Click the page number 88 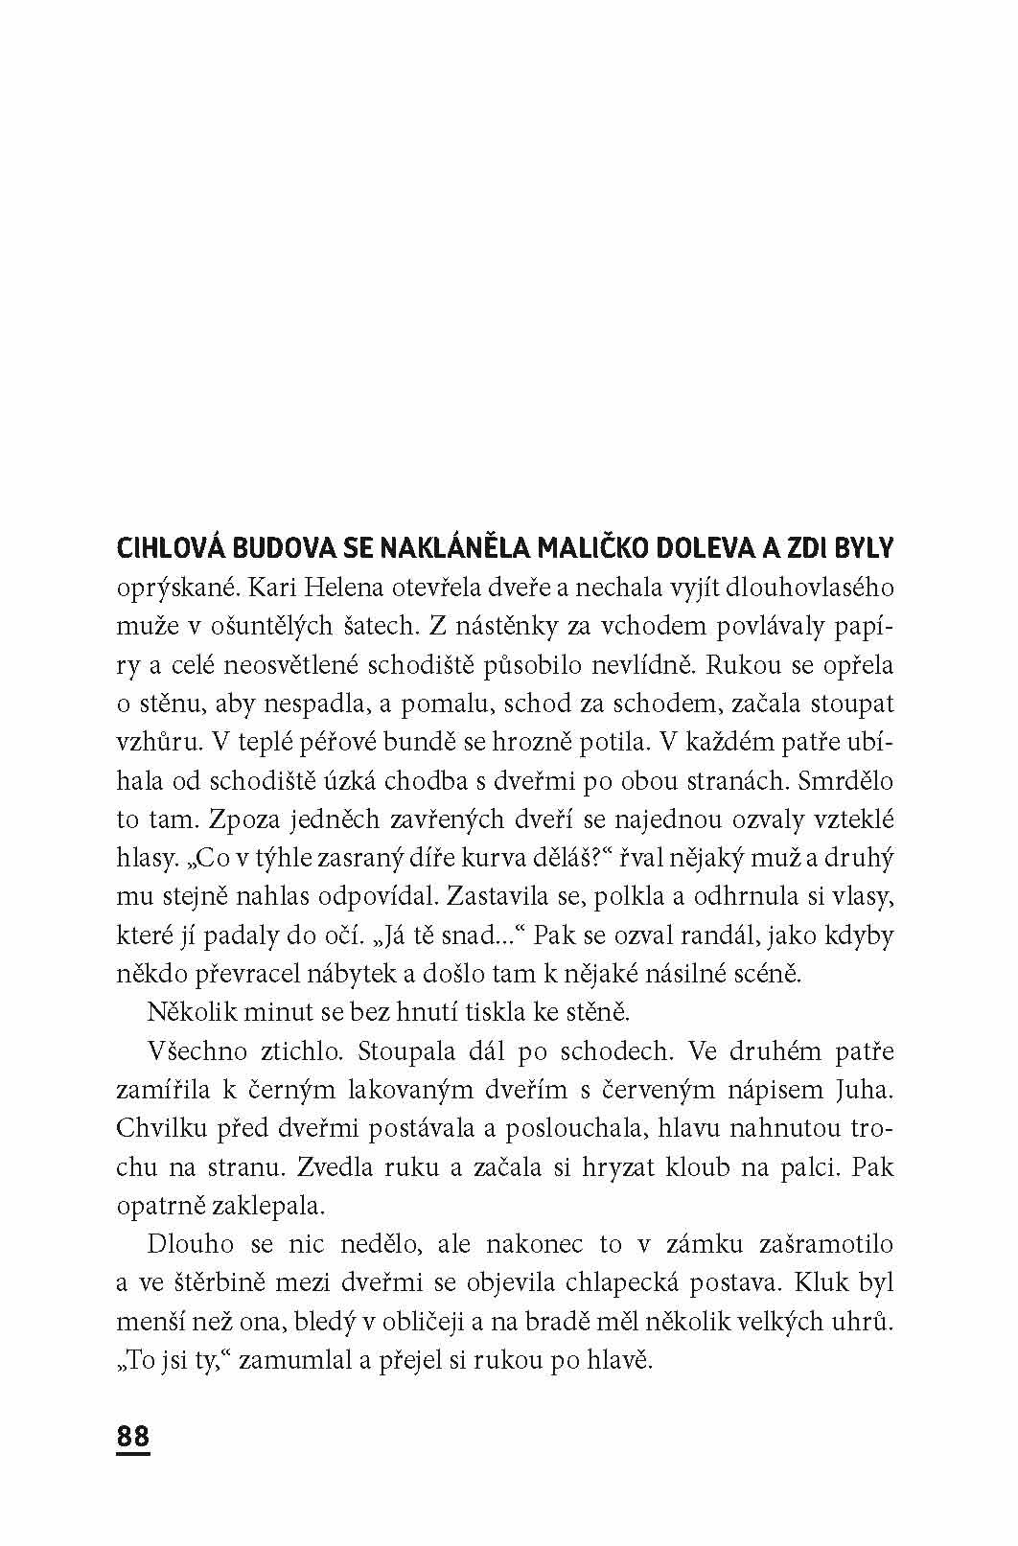click(x=133, y=1437)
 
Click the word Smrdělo click(x=844, y=780)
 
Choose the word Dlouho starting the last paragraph click(x=191, y=1244)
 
